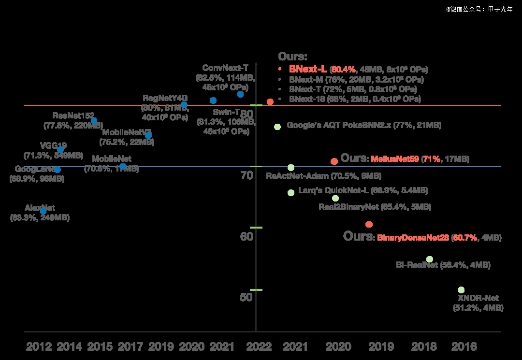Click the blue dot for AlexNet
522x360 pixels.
[43, 211]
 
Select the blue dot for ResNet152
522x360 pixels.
[94, 120]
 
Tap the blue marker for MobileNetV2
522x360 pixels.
[148, 135]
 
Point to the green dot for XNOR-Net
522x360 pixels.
[461, 289]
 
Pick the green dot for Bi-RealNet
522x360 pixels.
[429, 259]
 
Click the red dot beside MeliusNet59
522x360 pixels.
[334, 161]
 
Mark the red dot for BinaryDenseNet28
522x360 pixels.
[369, 224]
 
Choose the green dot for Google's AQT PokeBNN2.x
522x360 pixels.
[277, 127]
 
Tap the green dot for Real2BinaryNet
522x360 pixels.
[335, 198]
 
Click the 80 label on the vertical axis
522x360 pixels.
[246, 114]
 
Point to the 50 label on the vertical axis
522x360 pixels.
[246, 297]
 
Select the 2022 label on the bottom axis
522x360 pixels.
[259, 346]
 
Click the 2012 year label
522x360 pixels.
[39, 346]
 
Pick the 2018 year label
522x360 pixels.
[423, 346]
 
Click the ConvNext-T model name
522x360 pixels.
[225, 68]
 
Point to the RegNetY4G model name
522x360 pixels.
[165, 98]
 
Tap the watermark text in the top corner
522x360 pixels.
[479, 9]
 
